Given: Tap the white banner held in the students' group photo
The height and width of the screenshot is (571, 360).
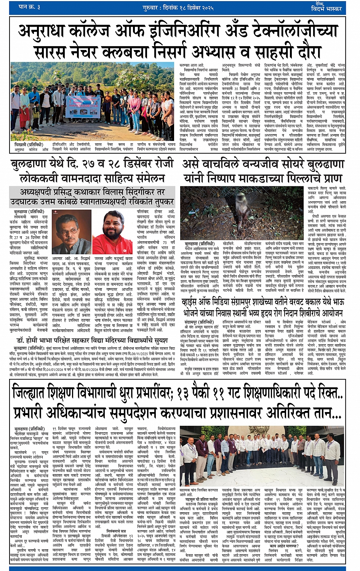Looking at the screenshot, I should (x=83, y=106).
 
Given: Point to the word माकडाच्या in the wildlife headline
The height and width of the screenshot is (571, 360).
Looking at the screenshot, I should (x=263, y=178).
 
